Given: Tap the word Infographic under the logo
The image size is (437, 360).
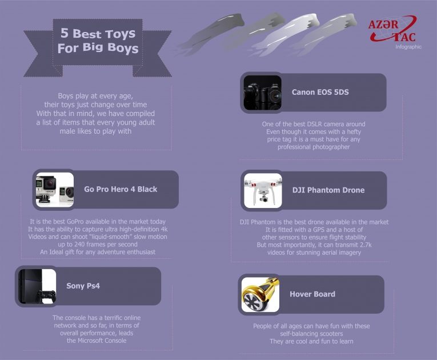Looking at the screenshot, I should coord(408,47).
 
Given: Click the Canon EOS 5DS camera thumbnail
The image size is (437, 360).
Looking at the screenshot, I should coord(263,93).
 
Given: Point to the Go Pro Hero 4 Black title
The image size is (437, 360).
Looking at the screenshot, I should coord(121,189).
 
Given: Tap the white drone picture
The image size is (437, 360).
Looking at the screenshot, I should coord(263,190).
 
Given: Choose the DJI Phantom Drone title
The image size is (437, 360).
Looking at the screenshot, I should coord(328,190).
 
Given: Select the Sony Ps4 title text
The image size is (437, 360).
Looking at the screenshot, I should coord(83,286).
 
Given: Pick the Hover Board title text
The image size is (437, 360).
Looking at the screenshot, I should coord(312,294).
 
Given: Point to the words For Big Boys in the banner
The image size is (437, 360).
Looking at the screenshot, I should coord(98,48).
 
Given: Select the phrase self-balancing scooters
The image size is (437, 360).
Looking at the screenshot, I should coord(311,334).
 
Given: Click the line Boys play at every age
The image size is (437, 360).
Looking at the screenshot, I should coord(95,96).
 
